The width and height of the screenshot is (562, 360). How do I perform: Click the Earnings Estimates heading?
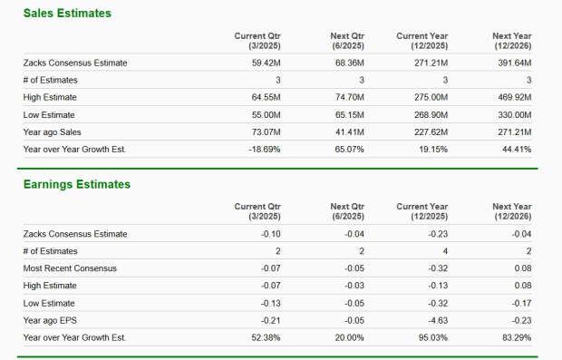click(x=76, y=185)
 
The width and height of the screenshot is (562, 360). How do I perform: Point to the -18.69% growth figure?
click(x=263, y=149)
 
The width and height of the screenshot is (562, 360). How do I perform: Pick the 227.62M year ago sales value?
click(x=431, y=131)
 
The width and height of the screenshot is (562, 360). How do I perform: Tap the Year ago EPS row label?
click(x=50, y=320)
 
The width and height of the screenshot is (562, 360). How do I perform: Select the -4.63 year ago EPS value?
click(x=438, y=320)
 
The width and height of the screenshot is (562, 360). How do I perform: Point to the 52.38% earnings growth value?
click(x=265, y=337)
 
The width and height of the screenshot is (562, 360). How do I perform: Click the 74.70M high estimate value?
click(x=349, y=97)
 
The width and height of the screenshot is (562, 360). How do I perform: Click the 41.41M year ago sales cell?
click(x=349, y=131)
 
